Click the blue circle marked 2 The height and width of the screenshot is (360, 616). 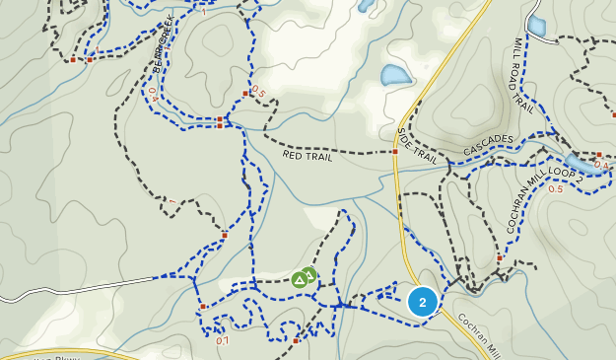pos(423,302)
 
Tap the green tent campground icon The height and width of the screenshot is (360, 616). pos(303,279)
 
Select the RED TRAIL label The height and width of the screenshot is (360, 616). pos(307,156)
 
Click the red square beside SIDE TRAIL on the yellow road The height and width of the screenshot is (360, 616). pos(394,152)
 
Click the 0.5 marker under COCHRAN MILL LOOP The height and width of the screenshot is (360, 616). pos(555,188)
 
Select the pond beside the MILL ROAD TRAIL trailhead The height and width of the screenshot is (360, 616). pos(537,25)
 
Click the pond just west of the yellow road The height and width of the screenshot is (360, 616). pos(394,75)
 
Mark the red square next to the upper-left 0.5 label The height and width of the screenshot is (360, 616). pos(245,94)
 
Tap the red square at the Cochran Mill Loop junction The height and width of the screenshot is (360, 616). pos(500,258)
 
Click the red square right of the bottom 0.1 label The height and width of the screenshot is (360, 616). pos(296,340)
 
